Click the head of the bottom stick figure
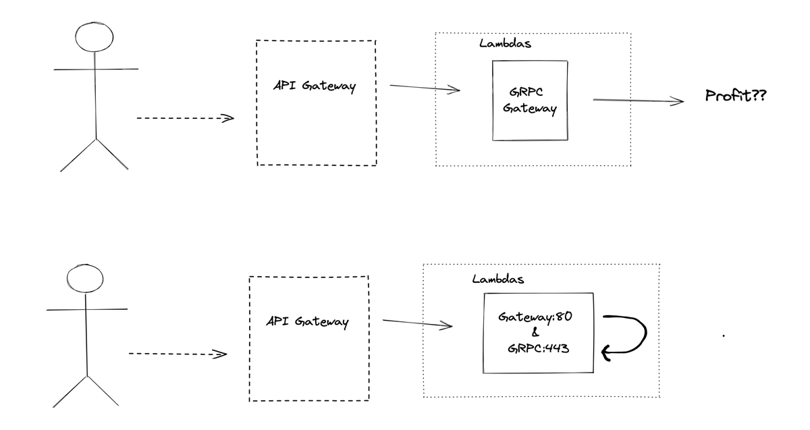pyautogui.click(x=86, y=281)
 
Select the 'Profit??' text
pyautogui.click(x=736, y=96)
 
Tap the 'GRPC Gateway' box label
pyautogui.click(x=529, y=101)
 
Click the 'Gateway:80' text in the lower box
pyautogui.click(x=535, y=317)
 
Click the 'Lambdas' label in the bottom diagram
pyautogui.click(x=498, y=279)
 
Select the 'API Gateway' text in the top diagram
pyautogui.click(x=315, y=87)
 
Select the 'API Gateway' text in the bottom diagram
pyautogui.click(x=307, y=322)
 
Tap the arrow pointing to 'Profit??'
pyautogui.click(x=638, y=101)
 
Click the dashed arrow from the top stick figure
pyautogui.click(x=184, y=118)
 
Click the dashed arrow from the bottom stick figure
pyautogui.click(x=176, y=353)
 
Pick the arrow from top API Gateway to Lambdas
pyautogui.click(x=424, y=88)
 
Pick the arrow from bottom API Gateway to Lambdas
pyautogui.click(x=416, y=323)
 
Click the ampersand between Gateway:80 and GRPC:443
pyautogui.click(x=535, y=333)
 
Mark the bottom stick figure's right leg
pyautogui.click(x=103, y=391)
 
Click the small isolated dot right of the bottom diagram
pyautogui.click(x=724, y=335)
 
